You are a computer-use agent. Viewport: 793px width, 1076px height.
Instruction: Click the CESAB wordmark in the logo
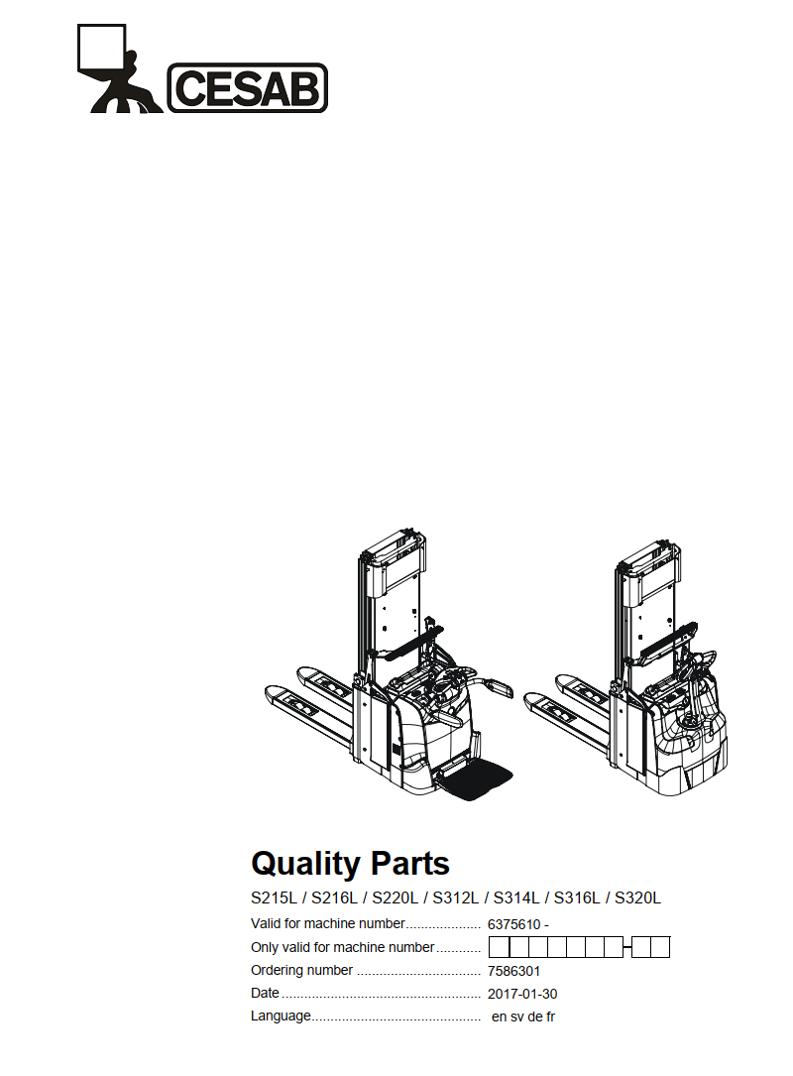coord(248,88)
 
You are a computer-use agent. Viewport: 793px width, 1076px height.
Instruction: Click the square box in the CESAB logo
coord(101,48)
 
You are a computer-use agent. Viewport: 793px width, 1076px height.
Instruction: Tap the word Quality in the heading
coord(305,864)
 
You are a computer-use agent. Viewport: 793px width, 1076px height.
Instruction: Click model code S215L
coord(274,897)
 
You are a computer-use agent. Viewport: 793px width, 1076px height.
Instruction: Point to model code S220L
coord(395,897)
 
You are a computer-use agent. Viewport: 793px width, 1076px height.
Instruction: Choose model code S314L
coord(515,897)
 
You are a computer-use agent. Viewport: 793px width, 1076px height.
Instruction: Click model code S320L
coord(637,897)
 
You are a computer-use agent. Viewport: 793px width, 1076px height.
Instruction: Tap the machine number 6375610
coord(513,924)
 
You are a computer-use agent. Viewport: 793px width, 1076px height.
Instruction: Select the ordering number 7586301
coord(513,971)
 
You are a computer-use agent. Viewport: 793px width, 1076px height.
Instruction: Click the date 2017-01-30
coord(522,994)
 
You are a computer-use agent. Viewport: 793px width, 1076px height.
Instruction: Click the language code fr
coord(550,1016)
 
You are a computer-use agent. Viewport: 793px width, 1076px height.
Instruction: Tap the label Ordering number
coord(301,970)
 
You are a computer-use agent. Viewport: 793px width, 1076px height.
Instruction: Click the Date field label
coord(265,993)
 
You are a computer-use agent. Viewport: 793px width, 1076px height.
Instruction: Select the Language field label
coord(281,1016)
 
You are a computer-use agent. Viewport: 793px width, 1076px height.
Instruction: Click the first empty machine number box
coord(499,948)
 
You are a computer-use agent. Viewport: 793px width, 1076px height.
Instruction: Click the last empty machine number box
coord(660,948)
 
